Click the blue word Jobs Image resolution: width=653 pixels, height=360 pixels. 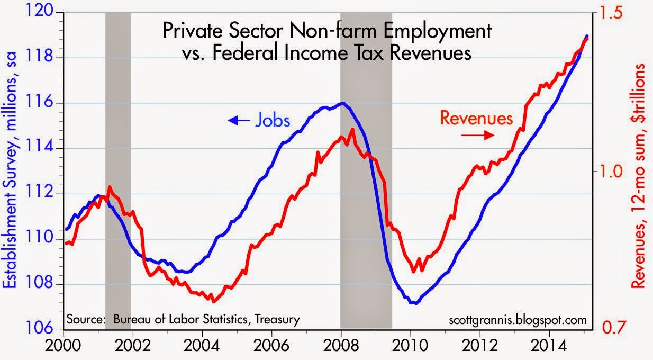click(x=273, y=121)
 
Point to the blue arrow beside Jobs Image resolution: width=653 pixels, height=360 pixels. click(x=238, y=121)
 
